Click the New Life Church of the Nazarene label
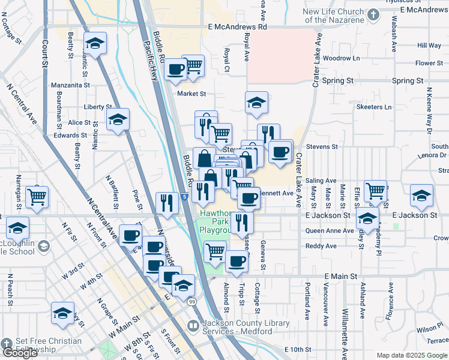pyautogui.click(x=333, y=16)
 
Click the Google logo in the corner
pyautogui.click(x=20, y=353)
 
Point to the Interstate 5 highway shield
pyautogui.click(x=184, y=196)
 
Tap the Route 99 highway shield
pyautogui.click(x=191, y=301)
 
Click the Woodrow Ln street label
pyautogui.click(x=340, y=58)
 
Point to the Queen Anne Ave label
pyautogui.click(x=330, y=230)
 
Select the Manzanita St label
pyautogui.click(x=70, y=85)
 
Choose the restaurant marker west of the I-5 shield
pyautogui.click(x=166, y=203)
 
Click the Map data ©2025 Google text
pyautogui.click(x=411, y=355)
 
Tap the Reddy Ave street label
pyautogui.click(x=321, y=246)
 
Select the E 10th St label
pyautogui.click(x=299, y=349)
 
